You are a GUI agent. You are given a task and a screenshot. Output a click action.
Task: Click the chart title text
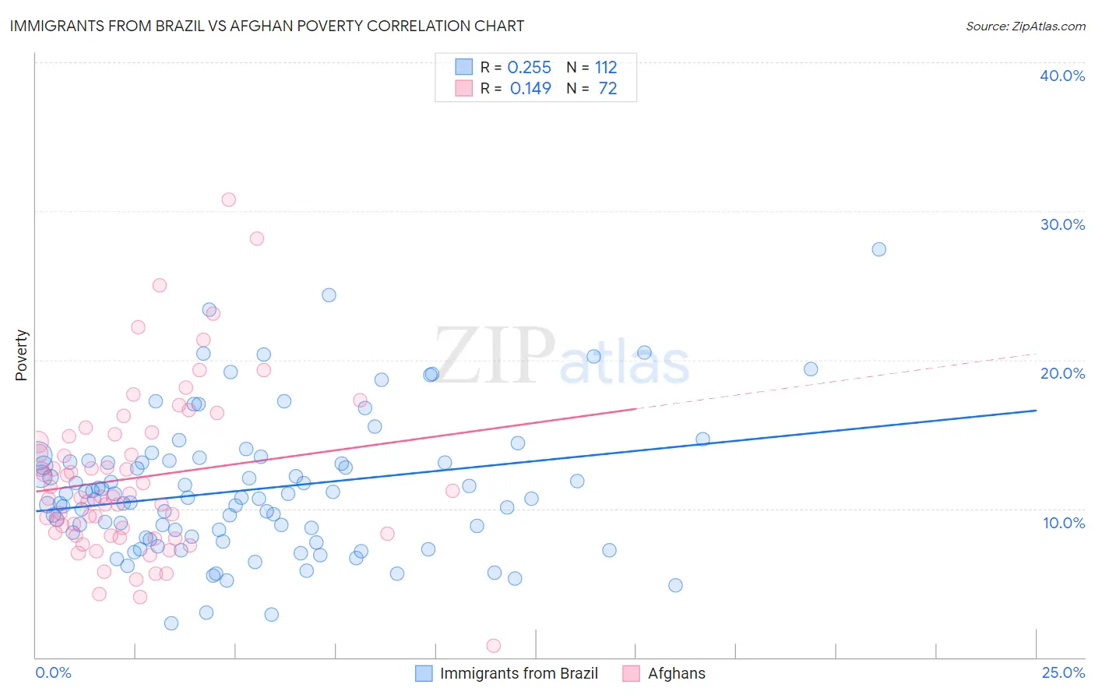tap(266, 26)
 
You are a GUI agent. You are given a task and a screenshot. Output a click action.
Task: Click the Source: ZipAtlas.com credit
tap(1025, 26)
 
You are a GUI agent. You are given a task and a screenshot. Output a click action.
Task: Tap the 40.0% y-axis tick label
tap(1062, 76)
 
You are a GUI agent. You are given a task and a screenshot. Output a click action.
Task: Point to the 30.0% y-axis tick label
tap(1062, 224)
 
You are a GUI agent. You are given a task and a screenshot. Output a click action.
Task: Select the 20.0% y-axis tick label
tap(1062, 373)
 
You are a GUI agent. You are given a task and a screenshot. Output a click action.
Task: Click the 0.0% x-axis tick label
tap(53, 672)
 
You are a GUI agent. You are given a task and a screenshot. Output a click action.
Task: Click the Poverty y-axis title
tap(21, 355)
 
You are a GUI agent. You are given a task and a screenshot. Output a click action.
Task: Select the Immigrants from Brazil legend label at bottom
tap(519, 673)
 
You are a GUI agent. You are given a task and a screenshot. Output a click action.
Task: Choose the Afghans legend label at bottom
tap(676, 673)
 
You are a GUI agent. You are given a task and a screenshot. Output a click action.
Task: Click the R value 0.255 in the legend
tap(529, 68)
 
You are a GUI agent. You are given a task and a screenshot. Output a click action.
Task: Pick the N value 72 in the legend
tap(607, 89)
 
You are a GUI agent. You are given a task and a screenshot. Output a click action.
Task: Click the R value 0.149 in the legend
tap(530, 89)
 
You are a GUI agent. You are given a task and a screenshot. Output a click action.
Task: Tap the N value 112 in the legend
tap(606, 68)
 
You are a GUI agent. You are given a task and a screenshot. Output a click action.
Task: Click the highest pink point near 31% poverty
tap(228, 199)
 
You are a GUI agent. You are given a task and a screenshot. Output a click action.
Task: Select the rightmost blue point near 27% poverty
tap(878, 249)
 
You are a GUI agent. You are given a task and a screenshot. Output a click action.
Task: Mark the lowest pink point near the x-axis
tap(493, 645)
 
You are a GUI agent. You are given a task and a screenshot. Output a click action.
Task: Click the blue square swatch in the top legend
tap(463, 67)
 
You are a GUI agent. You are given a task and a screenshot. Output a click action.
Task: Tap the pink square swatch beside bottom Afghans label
tap(632, 673)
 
